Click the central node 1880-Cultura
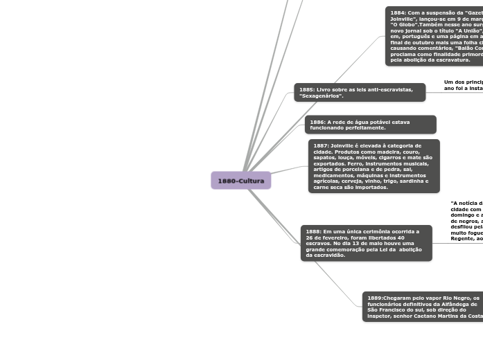(x=240, y=181)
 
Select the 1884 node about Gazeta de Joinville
(x=434, y=36)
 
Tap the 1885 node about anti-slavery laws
(x=359, y=92)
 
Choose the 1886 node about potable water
(x=370, y=125)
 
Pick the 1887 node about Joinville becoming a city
(x=374, y=166)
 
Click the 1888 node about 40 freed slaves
(x=366, y=243)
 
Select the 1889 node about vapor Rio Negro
(x=423, y=307)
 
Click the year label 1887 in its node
(x=321, y=146)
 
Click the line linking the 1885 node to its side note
(x=434, y=91)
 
